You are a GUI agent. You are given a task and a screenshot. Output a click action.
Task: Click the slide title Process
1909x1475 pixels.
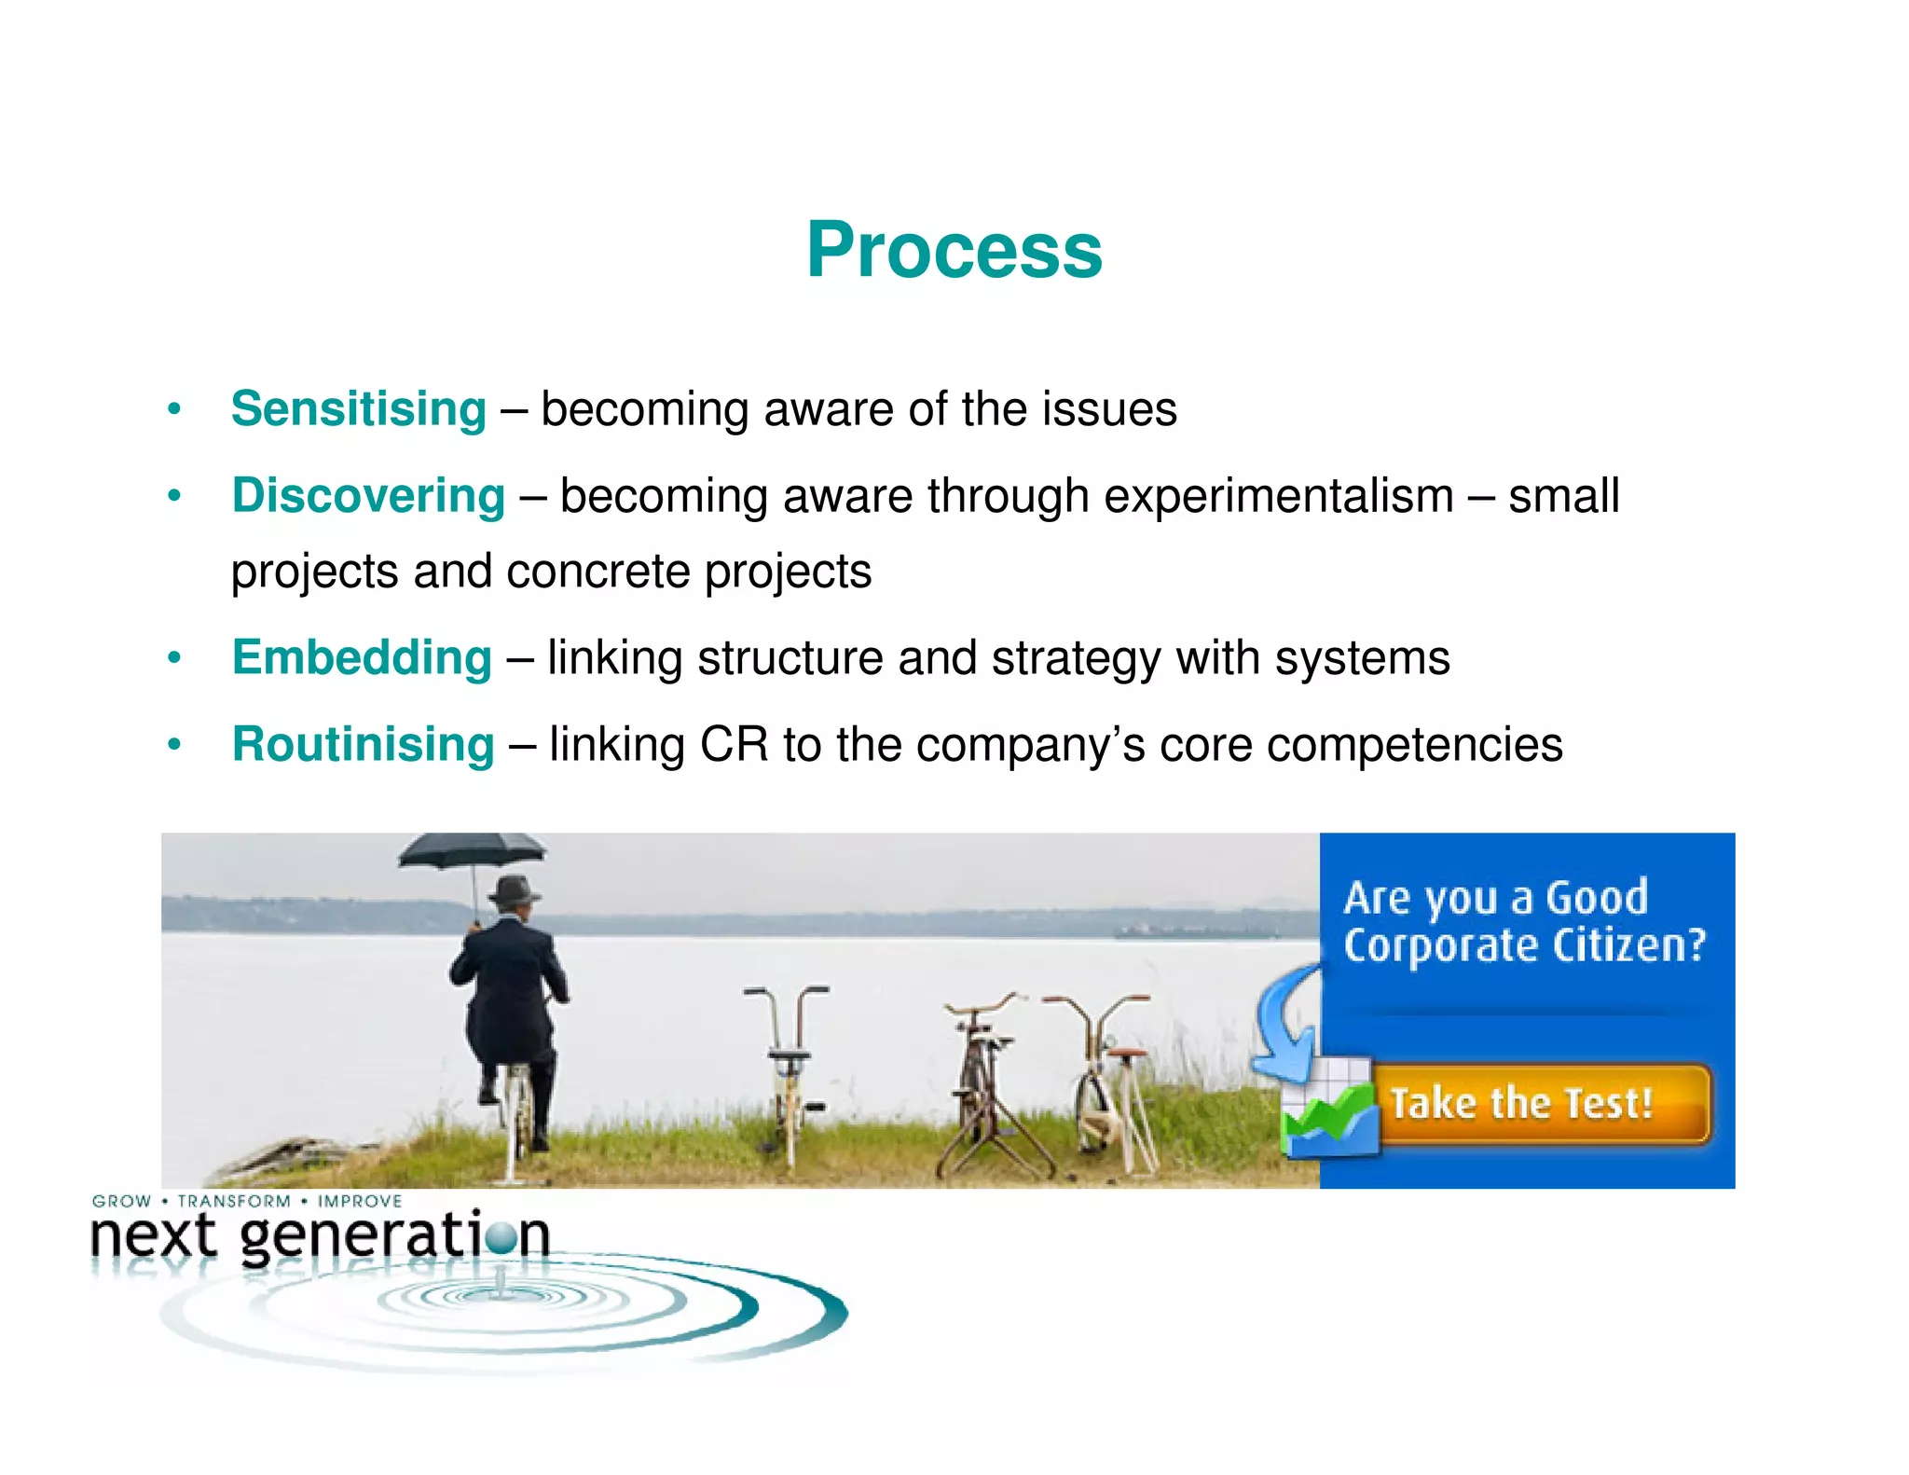coord(954,250)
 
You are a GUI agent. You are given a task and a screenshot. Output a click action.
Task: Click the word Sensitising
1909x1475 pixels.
coord(359,409)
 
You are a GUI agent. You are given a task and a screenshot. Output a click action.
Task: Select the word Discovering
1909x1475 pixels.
coord(368,495)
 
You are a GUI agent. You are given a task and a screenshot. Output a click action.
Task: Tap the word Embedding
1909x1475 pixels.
coord(362,657)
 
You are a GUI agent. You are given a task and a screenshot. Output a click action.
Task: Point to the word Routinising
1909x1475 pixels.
coord(363,744)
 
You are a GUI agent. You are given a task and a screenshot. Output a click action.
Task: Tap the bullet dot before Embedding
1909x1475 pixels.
coord(173,658)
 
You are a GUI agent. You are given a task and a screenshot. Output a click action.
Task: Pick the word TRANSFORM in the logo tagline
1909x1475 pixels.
coord(234,1202)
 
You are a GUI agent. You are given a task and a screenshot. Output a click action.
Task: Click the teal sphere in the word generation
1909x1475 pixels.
coord(501,1238)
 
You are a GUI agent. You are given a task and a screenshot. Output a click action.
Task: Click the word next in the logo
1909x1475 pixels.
coord(154,1238)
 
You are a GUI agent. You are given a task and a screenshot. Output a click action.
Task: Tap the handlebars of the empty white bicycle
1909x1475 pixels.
coord(786,994)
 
